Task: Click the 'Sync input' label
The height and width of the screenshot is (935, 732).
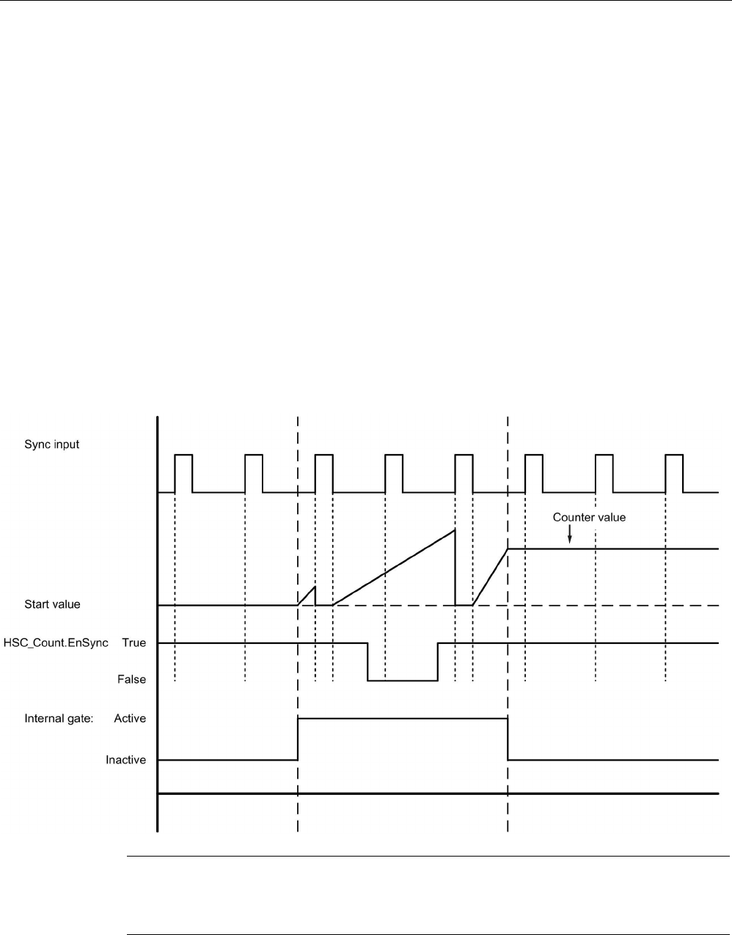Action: (x=52, y=444)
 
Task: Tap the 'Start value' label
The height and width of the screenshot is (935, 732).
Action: (x=52, y=605)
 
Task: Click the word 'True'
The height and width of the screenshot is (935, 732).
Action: (x=134, y=643)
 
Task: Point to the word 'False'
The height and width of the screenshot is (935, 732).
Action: (x=132, y=680)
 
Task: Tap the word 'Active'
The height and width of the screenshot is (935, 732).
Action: (x=130, y=719)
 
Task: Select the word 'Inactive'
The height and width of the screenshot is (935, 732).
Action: (x=125, y=760)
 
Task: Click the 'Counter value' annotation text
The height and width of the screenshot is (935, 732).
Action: (x=589, y=518)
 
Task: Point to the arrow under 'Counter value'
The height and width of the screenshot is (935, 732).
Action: (x=570, y=535)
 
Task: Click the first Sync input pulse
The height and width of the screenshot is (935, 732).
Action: (x=183, y=455)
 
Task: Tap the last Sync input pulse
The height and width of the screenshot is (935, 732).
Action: (x=674, y=455)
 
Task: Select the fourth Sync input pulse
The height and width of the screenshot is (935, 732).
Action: (x=394, y=455)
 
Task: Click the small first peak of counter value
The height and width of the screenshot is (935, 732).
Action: (x=315, y=587)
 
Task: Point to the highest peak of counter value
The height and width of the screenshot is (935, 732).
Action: (x=455, y=529)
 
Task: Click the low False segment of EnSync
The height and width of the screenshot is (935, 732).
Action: (x=402, y=681)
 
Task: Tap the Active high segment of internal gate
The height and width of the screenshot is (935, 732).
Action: (x=402, y=719)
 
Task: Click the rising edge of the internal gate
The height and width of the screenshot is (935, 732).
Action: (x=298, y=739)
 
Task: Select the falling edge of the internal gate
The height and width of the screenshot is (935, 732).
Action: (x=508, y=739)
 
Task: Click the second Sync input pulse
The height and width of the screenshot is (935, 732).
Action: (x=254, y=455)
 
